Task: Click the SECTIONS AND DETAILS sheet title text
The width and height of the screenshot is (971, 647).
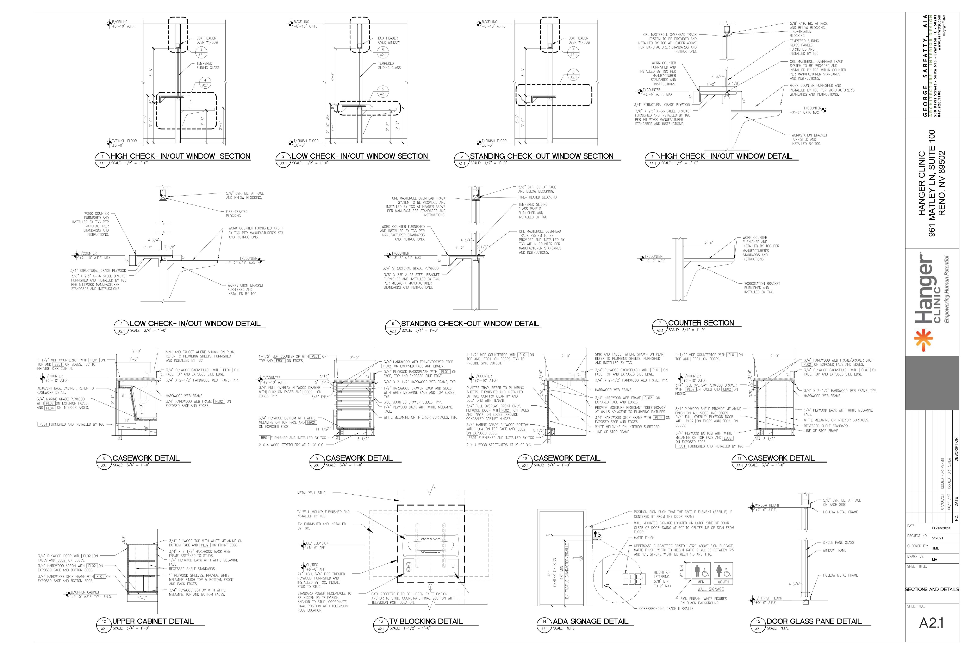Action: coord(932,589)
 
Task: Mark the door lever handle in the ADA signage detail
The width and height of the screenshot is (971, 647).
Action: coord(579,558)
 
